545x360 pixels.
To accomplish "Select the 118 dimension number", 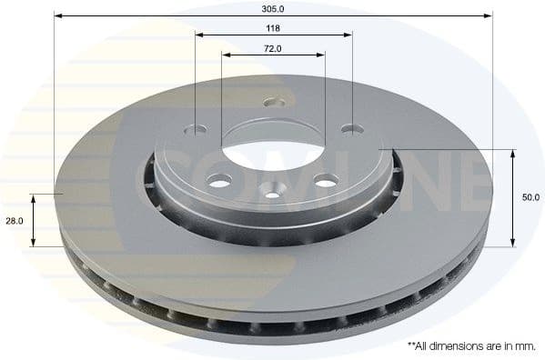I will coord(273,28).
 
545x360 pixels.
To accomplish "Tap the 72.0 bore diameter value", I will coord(273,47).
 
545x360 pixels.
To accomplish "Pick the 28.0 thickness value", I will coord(14,220).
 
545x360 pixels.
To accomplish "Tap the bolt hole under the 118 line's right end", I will coord(348,129).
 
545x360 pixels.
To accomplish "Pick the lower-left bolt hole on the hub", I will coord(223,178).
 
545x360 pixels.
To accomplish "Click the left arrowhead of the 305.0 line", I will coord(57,15).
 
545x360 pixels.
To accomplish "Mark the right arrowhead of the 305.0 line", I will coord(489,15).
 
